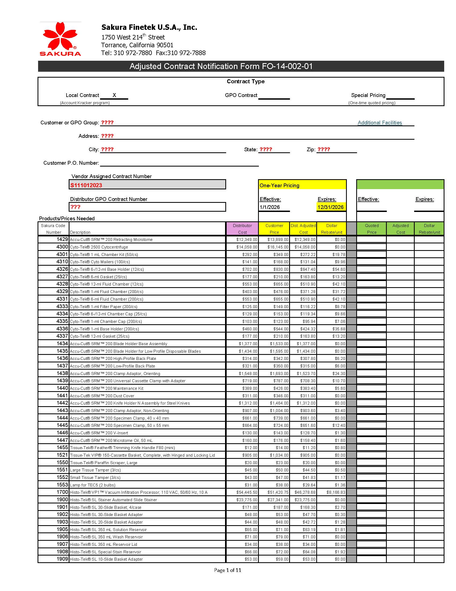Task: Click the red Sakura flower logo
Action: (x=60, y=36)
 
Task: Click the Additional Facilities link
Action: (x=380, y=122)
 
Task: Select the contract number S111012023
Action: (x=86, y=185)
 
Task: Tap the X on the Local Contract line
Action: (x=114, y=95)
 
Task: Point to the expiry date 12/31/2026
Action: (x=330, y=207)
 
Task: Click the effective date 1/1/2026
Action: (x=270, y=207)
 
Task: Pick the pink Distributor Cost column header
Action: (x=242, y=229)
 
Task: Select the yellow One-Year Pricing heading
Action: (x=279, y=185)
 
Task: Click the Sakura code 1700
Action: (x=62, y=492)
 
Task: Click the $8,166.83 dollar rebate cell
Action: (x=336, y=492)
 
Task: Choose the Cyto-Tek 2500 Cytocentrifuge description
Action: (x=99, y=247)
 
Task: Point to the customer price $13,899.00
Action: (x=278, y=239)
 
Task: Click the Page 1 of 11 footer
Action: (x=227, y=570)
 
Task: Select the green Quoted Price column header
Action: (x=372, y=229)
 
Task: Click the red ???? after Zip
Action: (x=324, y=149)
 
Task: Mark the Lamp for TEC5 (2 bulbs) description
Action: (x=93, y=485)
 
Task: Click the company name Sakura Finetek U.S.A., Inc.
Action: (x=149, y=27)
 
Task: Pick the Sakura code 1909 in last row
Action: (x=62, y=559)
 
